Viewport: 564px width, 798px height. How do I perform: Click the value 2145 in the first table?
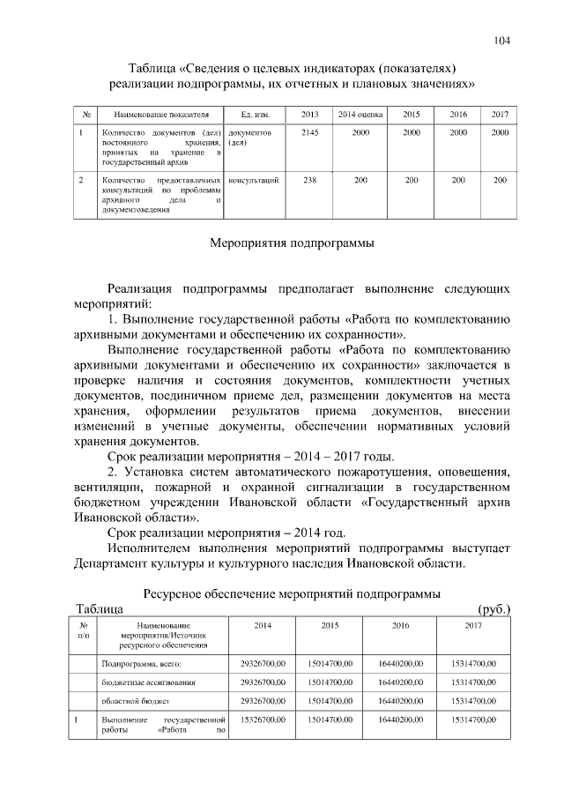(309, 132)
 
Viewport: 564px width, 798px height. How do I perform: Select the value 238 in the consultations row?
(309, 180)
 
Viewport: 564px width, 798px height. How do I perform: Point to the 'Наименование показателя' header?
(155, 116)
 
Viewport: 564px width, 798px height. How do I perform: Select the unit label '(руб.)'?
(493, 608)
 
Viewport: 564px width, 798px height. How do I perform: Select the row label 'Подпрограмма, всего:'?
(141, 662)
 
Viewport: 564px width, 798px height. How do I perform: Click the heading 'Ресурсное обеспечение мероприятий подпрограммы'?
(291, 593)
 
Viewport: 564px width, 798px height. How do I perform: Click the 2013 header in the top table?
(309, 116)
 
